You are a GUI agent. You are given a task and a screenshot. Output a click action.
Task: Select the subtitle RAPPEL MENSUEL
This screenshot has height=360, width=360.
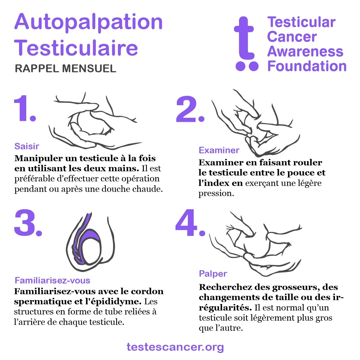65,68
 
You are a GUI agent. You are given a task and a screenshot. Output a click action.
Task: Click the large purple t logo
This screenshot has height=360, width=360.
246,44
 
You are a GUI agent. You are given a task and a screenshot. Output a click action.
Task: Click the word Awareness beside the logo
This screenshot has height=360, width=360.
305,51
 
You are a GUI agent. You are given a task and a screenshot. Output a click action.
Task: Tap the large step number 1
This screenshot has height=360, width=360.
25,108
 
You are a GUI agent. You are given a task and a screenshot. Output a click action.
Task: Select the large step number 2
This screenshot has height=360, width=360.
190,109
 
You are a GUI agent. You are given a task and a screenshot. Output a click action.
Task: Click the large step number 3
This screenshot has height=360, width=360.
28,223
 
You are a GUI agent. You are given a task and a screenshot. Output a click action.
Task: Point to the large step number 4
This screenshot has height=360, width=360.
190,223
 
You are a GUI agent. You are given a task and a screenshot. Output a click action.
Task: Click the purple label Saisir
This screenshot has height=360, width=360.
27,146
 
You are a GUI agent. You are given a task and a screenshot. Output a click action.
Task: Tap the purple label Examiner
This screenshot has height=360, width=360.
219,150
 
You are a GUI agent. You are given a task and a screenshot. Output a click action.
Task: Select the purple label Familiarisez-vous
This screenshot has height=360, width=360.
53,280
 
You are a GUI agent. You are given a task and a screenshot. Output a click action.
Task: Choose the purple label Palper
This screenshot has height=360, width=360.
213,274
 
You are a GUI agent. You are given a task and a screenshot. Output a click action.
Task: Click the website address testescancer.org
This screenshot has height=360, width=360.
175,347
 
